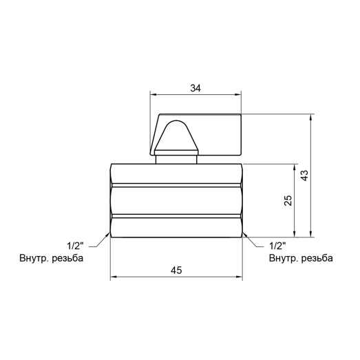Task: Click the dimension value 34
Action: pos(196,87)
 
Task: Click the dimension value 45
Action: pos(176,271)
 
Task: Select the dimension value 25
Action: pos(288,200)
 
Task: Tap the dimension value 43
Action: pos(305,176)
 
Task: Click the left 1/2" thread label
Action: pos(75,246)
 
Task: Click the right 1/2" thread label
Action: pos(277,246)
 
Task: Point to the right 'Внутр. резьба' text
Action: pos(301,259)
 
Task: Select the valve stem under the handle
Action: pos(177,158)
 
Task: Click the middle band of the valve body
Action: pos(176,200)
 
